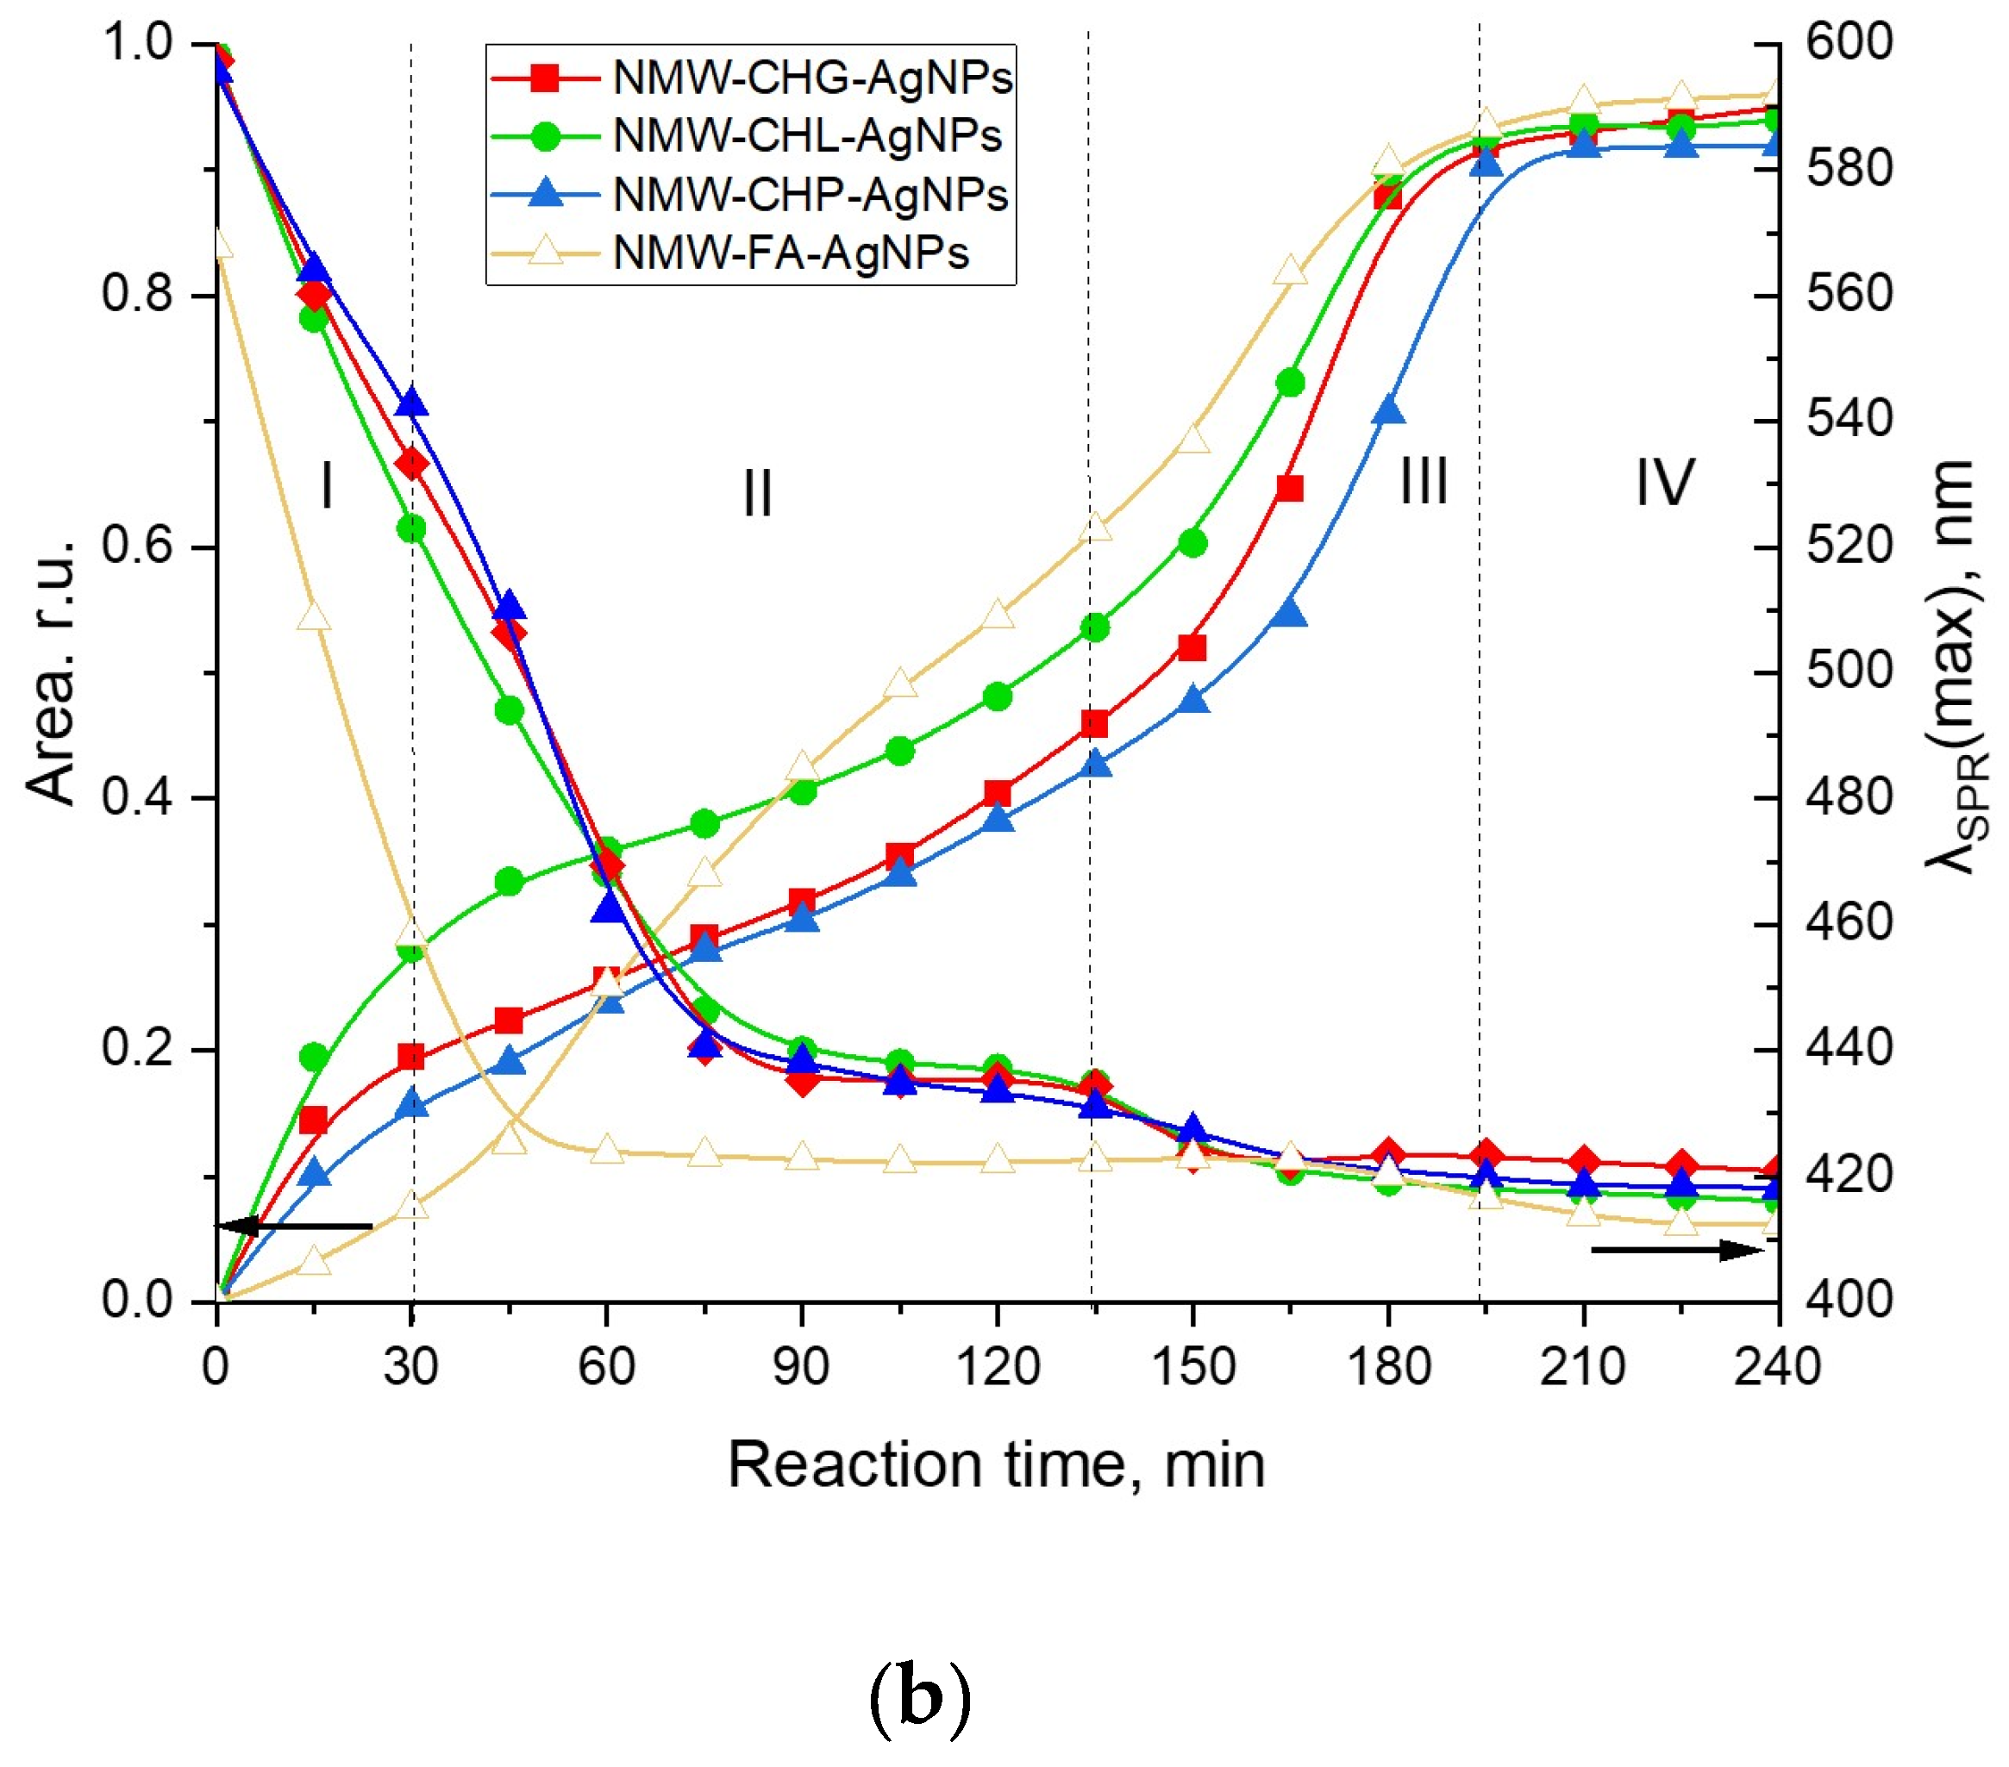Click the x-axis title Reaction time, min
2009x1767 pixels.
pos(996,1465)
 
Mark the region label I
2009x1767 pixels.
pos(328,485)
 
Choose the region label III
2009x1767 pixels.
pos(1424,483)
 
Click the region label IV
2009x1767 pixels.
pos(1665,483)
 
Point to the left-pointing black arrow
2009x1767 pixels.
pos(294,1226)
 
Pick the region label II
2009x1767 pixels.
pos(758,493)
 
